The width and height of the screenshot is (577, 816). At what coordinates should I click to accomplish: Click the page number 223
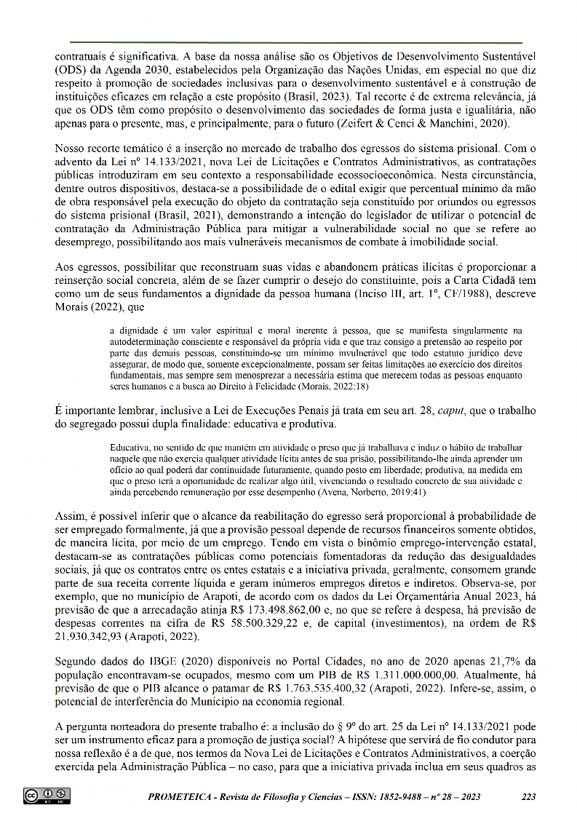529,797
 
